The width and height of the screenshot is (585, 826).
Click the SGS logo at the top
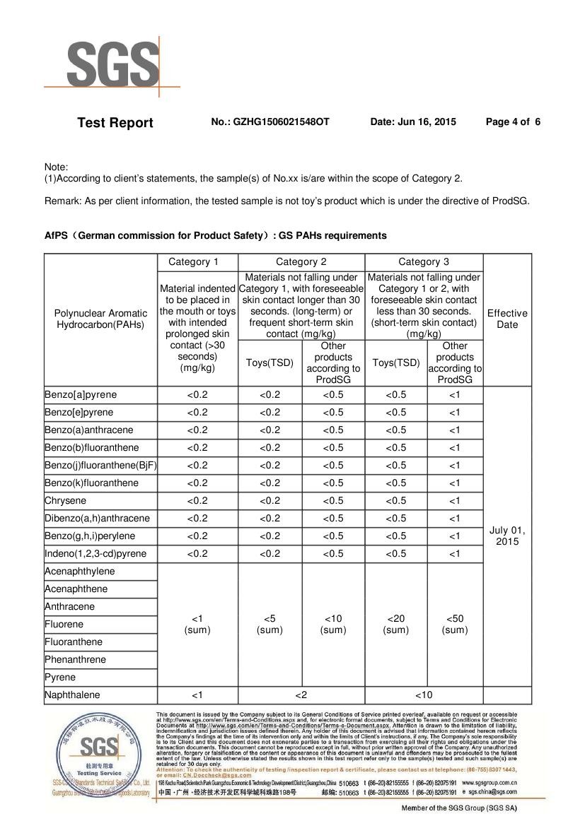click(113, 65)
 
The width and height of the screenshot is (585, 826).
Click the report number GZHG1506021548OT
click(270, 122)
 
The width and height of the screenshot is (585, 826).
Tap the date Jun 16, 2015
click(413, 122)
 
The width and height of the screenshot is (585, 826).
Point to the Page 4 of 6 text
click(513, 122)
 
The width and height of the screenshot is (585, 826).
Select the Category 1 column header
click(197, 262)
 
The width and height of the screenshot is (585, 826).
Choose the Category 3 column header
click(424, 262)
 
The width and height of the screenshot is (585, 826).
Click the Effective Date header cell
click(507, 319)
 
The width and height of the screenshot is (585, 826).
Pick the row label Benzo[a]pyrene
click(81, 395)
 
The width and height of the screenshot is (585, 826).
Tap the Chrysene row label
click(65, 501)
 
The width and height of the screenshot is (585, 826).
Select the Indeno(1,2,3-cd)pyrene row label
click(95, 554)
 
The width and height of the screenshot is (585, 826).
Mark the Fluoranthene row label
click(74, 642)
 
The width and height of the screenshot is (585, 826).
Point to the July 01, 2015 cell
click(507, 536)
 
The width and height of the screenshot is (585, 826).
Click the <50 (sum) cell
click(455, 625)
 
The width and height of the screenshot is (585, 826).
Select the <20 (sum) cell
click(396, 625)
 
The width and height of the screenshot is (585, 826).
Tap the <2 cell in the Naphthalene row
click(301, 695)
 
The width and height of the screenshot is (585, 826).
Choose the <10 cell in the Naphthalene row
click(424, 695)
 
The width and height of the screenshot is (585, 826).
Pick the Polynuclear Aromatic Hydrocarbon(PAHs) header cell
click(100, 319)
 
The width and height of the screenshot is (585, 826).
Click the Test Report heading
click(115, 123)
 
